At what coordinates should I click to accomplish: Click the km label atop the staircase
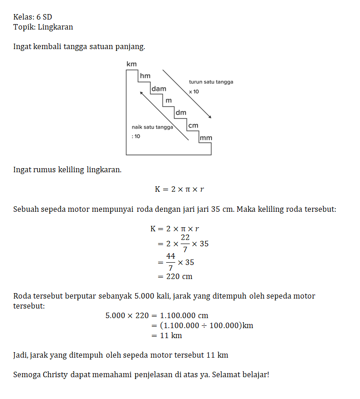131,65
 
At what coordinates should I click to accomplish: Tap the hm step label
145,76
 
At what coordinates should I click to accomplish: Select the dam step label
159,89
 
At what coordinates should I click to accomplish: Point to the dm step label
181,113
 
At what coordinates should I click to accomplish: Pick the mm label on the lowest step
206,138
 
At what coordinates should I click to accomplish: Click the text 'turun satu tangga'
211,82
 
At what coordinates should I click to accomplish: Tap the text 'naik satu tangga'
152,127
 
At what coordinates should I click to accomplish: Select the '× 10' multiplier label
194,92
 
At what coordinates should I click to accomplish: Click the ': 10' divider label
136,136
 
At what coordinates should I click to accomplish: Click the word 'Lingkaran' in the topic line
55,27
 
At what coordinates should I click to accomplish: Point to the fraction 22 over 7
185,244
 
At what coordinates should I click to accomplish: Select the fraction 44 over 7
171,263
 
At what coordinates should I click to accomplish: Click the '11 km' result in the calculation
171,335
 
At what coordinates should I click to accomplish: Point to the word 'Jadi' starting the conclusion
21,355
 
